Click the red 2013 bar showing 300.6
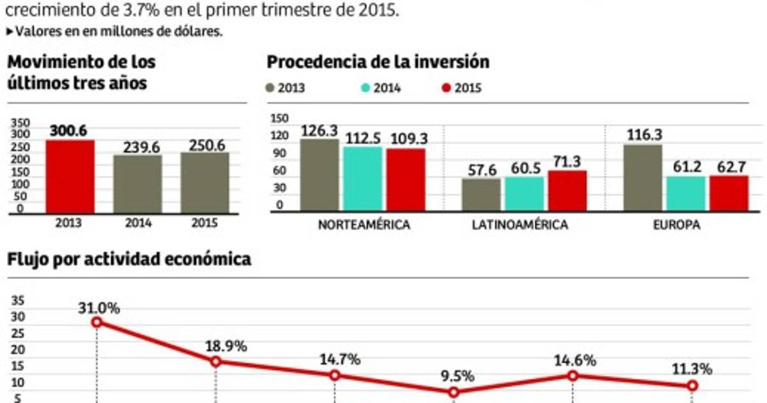(70, 177)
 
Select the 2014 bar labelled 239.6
(137, 184)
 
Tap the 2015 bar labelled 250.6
(204, 182)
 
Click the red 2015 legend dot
(446, 88)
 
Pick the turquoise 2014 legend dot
(365, 88)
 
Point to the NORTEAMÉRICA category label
(363, 226)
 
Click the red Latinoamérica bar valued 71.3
(568, 191)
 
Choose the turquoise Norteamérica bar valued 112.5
(362, 178)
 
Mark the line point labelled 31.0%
(97, 322)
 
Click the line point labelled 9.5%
(454, 392)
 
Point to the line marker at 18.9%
(215, 361)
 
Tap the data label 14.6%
(574, 360)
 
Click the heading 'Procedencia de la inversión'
(378, 62)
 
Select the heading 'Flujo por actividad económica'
(128, 259)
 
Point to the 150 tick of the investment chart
(279, 118)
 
